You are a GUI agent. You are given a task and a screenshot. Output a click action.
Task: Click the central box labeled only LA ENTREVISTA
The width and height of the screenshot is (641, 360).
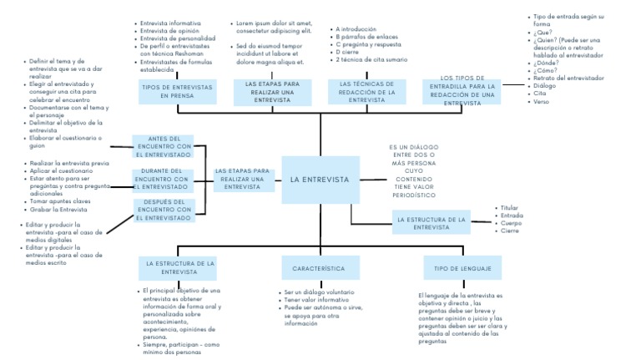tap(320, 180)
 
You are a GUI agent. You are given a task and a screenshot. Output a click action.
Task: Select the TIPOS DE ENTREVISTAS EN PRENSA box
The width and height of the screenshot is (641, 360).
tap(176, 91)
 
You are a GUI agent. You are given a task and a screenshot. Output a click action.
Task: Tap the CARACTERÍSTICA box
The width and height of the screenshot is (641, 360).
tap(319, 268)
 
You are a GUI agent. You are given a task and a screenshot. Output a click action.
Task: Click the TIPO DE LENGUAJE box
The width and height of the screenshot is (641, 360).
tap(462, 268)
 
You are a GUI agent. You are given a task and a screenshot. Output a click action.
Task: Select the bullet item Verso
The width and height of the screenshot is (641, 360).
tap(542, 101)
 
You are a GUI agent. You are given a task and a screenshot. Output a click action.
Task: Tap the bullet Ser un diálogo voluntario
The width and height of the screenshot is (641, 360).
tap(318, 292)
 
